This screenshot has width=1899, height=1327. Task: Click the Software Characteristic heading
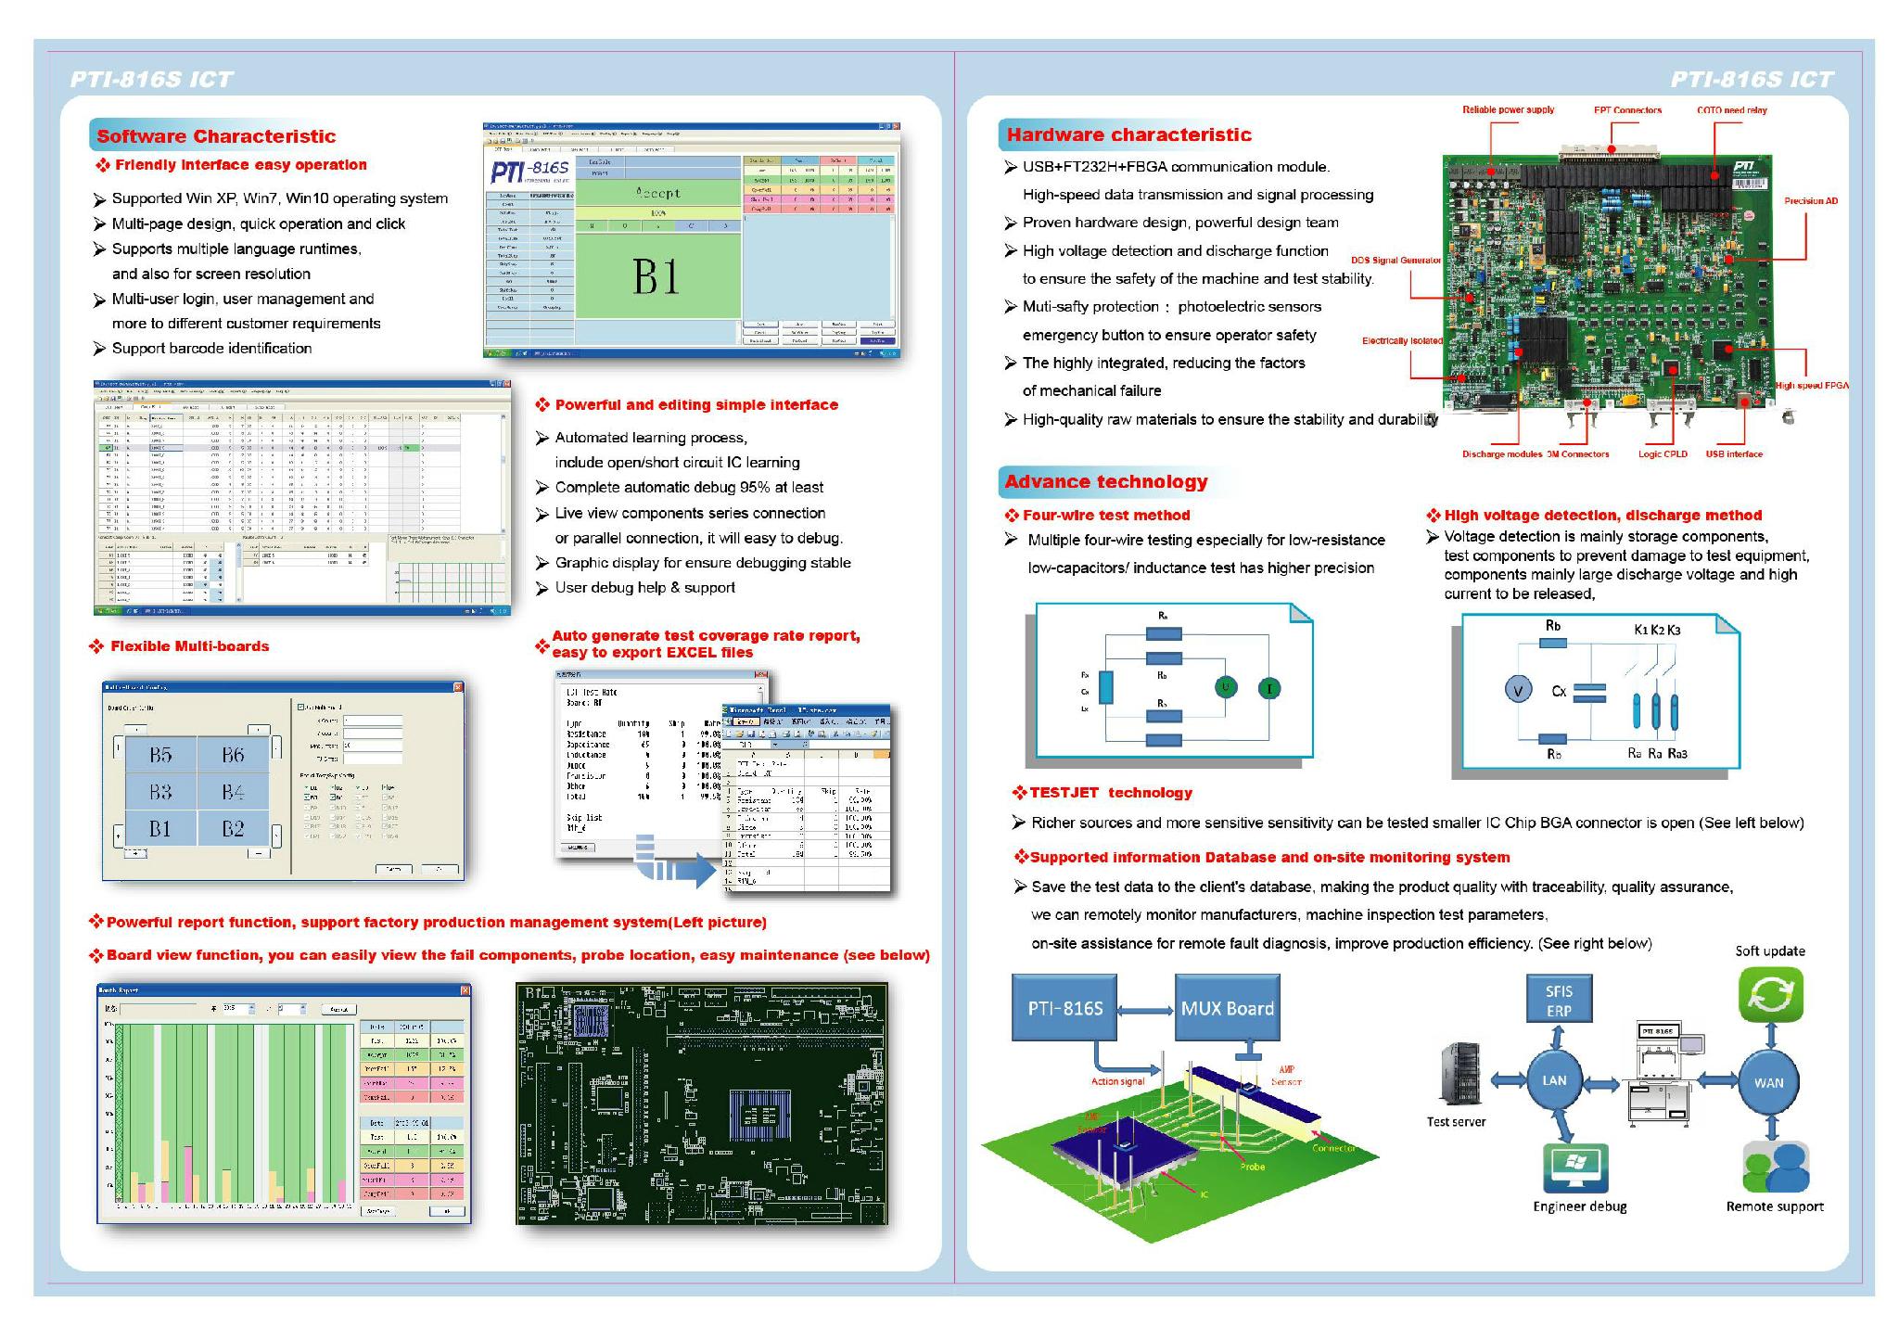(216, 136)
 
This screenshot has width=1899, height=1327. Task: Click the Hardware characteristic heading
(1128, 134)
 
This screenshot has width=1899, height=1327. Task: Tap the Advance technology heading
(1106, 481)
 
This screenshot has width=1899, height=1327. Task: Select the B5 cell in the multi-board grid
(160, 755)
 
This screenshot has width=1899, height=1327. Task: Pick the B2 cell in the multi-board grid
(233, 828)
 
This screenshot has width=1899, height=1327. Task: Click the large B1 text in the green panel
(656, 276)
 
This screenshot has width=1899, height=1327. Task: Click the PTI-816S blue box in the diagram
(1064, 1007)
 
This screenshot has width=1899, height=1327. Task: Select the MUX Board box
(1227, 1007)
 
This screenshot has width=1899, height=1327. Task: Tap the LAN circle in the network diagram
(1554, 1080)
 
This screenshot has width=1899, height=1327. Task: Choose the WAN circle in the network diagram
(1768, 1082)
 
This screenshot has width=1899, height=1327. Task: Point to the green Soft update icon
(1770, 994)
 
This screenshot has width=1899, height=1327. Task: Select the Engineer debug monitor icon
(1574, 1168)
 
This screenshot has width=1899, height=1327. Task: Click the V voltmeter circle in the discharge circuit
(1518, 690)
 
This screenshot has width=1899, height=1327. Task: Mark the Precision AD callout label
(1810, 201)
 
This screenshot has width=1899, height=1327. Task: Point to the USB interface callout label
(1734, 454)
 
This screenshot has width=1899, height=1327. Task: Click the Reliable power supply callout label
(1508, 110)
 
